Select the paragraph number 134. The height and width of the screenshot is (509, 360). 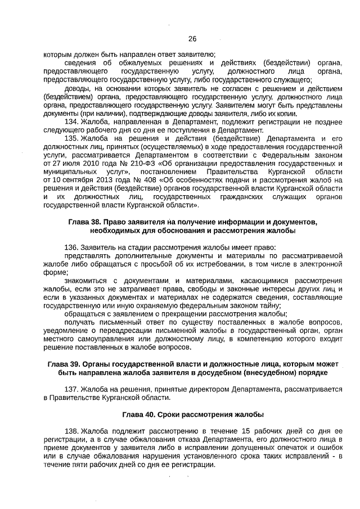pos(71,121)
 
